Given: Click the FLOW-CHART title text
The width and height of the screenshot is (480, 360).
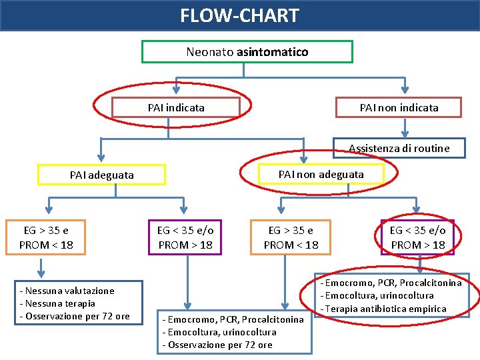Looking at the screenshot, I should coord(240,15).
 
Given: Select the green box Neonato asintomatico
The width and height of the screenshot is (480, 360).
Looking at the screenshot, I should coord(247,51).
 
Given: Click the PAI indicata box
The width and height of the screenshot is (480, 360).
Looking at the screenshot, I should coord(176,107).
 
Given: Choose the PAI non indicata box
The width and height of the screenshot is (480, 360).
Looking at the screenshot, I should coord(399,107).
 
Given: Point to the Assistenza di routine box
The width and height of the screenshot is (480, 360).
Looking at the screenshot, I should coord(399,148).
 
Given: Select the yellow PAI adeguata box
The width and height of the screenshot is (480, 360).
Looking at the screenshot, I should coord(101,175).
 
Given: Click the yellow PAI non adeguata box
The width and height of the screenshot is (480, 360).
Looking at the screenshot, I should coord(321,174).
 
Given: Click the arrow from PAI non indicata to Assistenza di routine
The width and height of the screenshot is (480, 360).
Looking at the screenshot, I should coord(404,128).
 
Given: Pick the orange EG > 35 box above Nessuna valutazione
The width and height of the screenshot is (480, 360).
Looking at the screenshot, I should coord(46,237).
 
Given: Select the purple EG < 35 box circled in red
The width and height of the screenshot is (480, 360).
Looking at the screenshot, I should coord(417,237).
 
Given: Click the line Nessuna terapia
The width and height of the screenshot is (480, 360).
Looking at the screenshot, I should coord(57,303).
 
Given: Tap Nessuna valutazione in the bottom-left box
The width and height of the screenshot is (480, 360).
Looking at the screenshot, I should coord(67,291).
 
